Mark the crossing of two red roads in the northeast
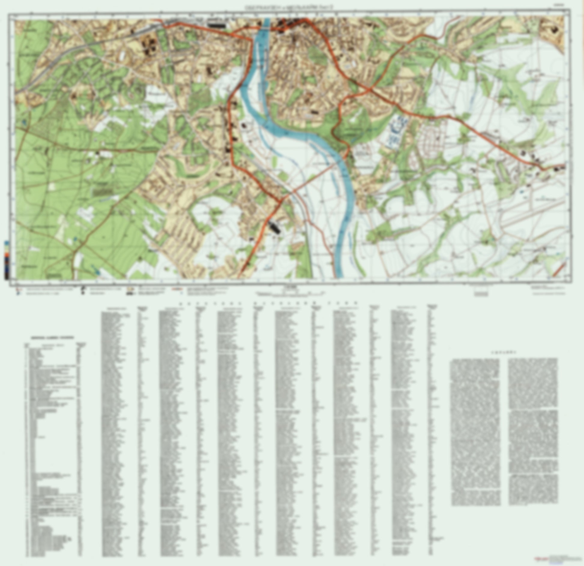[x=371, y=89]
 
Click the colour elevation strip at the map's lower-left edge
[x=7, y=260]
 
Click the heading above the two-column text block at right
[x=503, y=352]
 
